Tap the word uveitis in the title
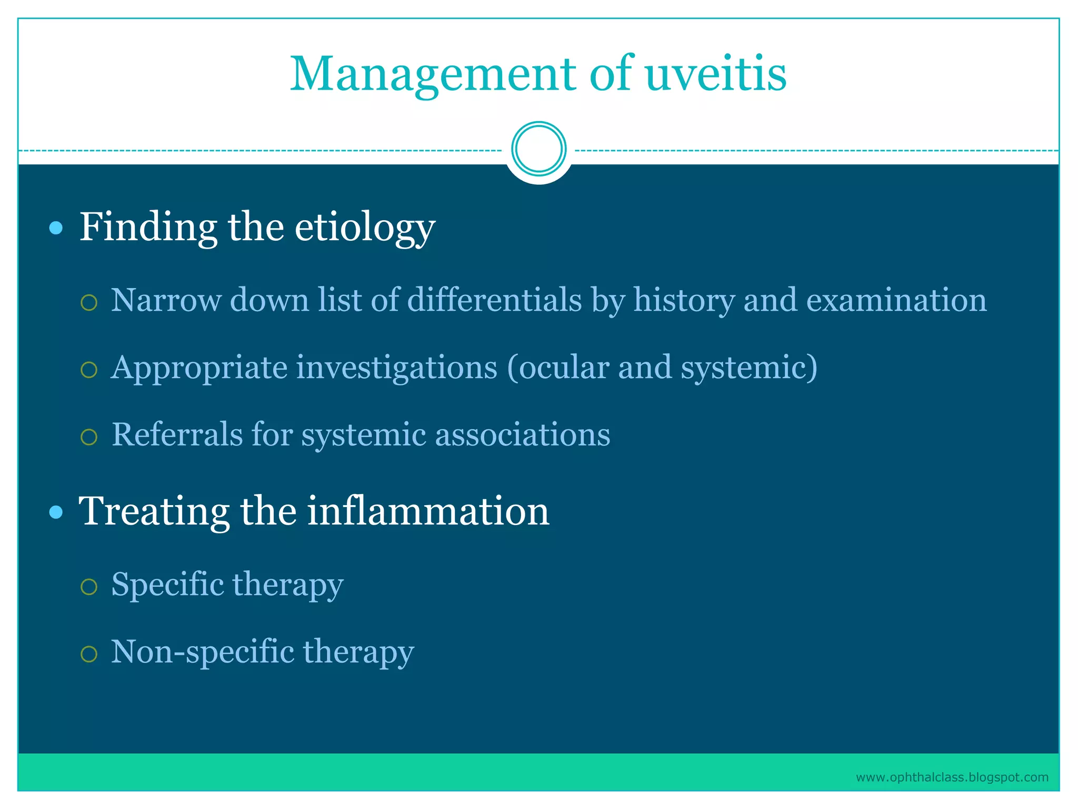(x=715, y=74)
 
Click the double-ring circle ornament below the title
(x=538, y=149)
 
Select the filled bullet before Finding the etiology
(x=56, y=228)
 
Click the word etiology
(x=364, y=228)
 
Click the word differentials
(x=495, y=300)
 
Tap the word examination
(x=896, y=300)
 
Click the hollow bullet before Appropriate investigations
(x=89, y=370)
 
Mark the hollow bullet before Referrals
(x=89, y=437)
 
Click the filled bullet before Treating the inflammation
(x=56, y=512)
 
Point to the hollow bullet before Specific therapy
(x=89, y=587)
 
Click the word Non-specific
(x=203, y=652)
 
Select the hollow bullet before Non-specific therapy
(x=89, y=654)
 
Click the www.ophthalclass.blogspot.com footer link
(x=952, y=777)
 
